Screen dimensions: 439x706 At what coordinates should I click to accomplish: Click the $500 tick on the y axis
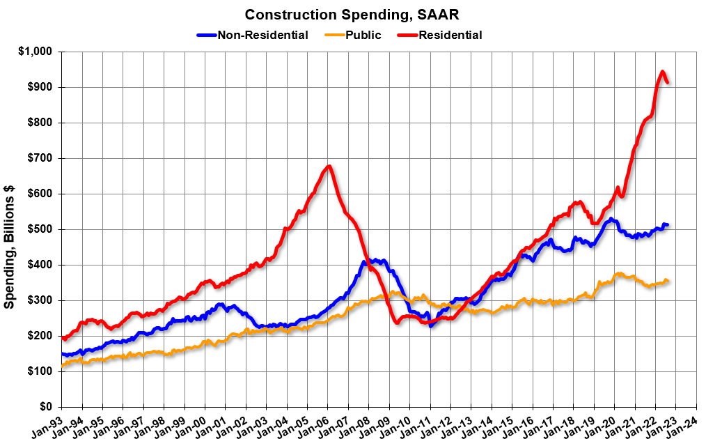coord(40,229)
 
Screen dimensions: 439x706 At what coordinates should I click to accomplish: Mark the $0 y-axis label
coord(46,406)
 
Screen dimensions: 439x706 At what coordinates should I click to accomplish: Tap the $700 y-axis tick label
coord(40,158)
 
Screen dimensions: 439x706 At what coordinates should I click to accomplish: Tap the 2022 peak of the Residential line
coord(662,72)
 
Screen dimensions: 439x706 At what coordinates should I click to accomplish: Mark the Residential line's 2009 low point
coord(396,322)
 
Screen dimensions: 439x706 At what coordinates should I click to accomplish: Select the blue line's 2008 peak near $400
coord(364,261)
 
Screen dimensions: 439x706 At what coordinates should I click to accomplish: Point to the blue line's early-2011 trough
coord(431,325)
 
